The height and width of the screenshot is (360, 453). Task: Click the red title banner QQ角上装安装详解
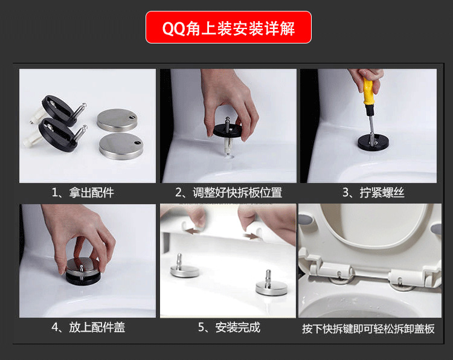[x=228, y=27]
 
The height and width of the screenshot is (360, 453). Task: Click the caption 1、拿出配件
[x=83, y=193]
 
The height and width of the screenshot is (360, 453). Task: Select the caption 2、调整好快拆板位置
[x=228, y=193]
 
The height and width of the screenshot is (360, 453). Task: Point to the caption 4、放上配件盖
[x=88, y=327]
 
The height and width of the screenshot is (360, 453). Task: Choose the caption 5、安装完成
[x=228, y=327]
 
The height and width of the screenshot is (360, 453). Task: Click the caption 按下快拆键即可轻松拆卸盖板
[x=368, y=329]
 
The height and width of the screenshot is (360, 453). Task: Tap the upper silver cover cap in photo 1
[x=117, y=118]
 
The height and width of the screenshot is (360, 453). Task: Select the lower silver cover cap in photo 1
[x=121, y=145]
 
